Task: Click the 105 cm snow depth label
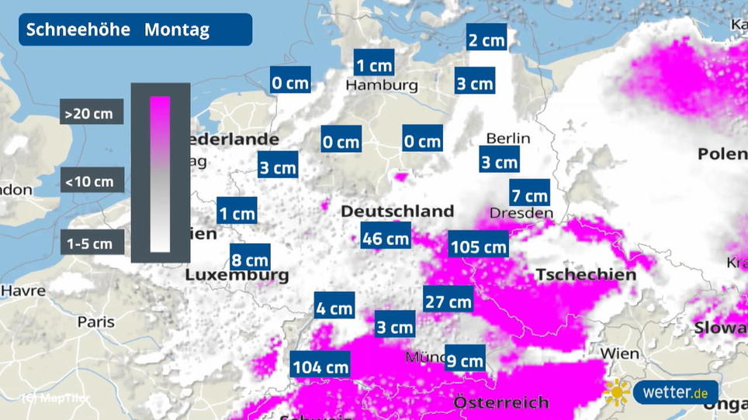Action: pyautogui.click(x=479, y=247)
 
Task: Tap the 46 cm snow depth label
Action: pyautogui.click(x=386, y=238)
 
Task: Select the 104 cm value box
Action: pyautogui.click(x=320, y=367)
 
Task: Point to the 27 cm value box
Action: pyautogui.click(x=448, y=301)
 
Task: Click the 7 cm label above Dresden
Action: pyautogui.click(x=530, y=193)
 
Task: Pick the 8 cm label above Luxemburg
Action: pyautogui.click(x=250, y=257)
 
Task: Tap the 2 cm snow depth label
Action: pyautogui.click(x=487, y=40)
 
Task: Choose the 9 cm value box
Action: pyautogui.click(x=466, y=360)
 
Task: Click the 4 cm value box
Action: pyautogui.click(x=334, y=308)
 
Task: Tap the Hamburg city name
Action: pyautogui.click(x=382, y=85)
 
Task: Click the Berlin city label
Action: pyautogui.click(x=508, y=139)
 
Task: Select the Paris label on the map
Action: pyautogui.click(x=96, y=322)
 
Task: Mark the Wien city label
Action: pyautogui.click(x=620, y=354)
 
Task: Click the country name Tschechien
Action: pyautogui.click(x=586, y=274)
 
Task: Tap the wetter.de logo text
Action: pyautogui.click(x=676, y=393)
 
